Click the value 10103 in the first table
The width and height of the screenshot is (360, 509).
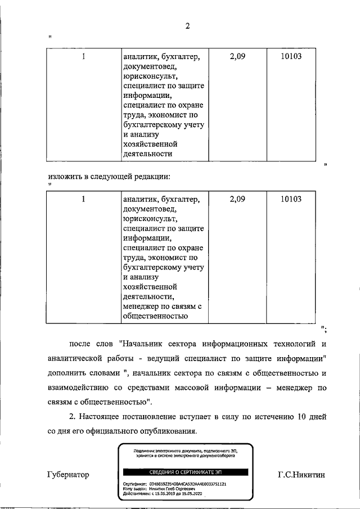point(291,56)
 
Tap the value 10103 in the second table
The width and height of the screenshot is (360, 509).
point(291,199)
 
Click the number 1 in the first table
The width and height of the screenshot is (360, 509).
point(83,56)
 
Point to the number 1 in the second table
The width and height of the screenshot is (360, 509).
point(83,199)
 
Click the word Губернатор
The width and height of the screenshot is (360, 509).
point(68,475)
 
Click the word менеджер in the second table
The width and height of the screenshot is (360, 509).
point(141,306)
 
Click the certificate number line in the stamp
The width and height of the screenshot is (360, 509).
point(174,484)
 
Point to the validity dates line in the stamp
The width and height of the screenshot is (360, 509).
point(163,494)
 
